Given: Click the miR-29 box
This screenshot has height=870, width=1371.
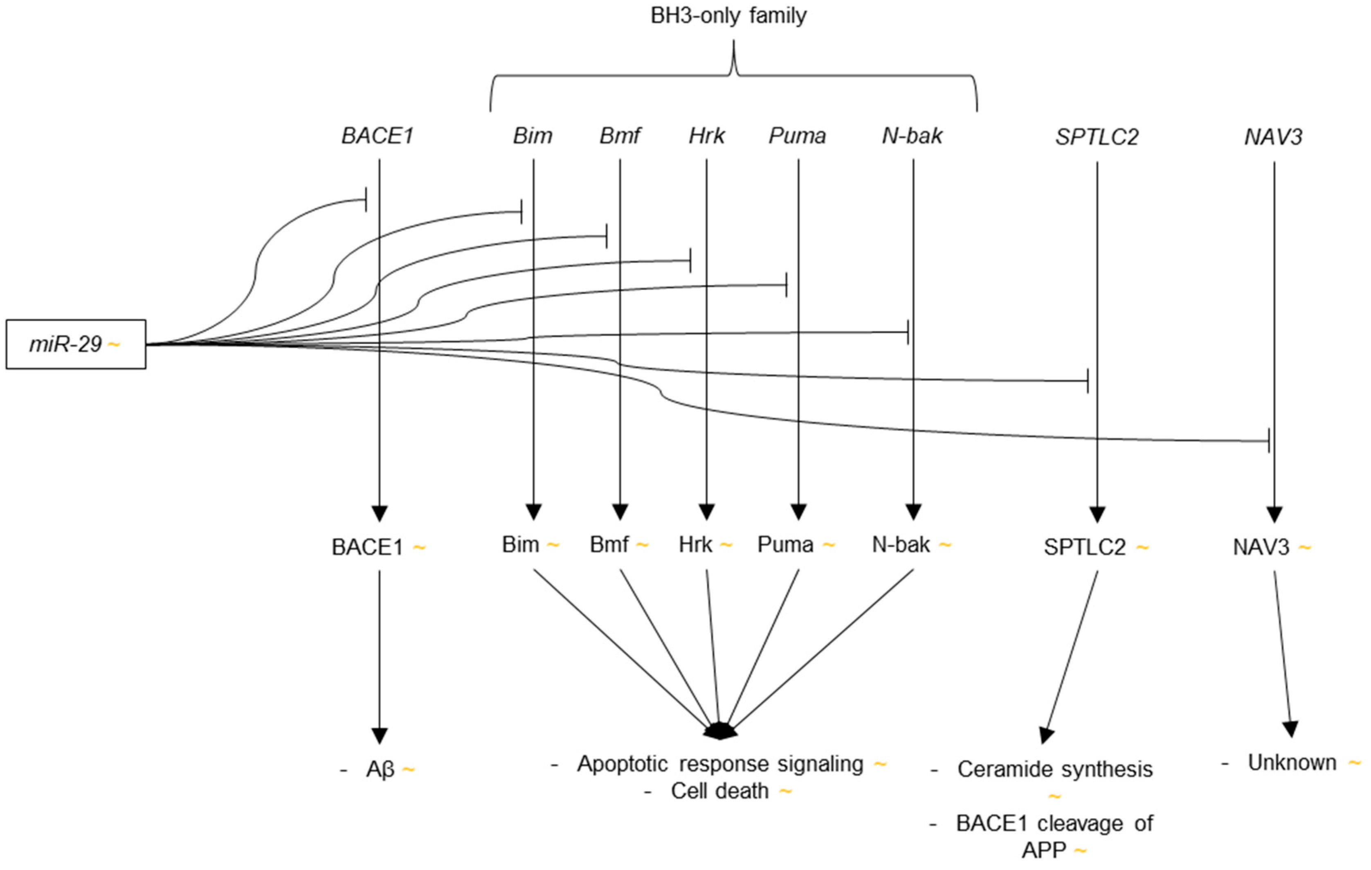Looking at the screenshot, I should tap(76, 344).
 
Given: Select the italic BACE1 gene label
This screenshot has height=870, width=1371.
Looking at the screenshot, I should tap(378, 136).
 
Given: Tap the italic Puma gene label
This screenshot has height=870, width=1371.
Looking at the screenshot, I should tap(797, 136).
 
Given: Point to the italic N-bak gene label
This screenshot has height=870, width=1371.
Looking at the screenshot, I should tap(912, 136).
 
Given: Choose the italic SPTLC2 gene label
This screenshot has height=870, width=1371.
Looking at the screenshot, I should tap(1097, 137).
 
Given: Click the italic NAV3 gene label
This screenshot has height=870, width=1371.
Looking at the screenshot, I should tap(1273, 137).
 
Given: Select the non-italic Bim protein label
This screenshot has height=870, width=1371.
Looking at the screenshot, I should tap(520, 545).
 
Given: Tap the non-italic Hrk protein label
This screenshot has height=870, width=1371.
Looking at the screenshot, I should tap(695, 545).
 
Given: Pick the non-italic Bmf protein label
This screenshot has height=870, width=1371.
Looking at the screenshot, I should tap(609, 545).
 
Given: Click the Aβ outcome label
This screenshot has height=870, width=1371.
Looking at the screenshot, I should tap(380, 770).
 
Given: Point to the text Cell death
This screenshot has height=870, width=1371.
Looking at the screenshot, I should tap(720, 791).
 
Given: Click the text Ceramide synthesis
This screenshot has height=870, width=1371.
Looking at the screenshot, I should tap(1054, 769).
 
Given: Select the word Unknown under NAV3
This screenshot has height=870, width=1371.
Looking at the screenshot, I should tap(1292, 762).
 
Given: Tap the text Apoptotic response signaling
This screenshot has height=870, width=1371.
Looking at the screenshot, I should tap(720, 764).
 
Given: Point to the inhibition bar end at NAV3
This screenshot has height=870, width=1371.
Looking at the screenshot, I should tap(1268, 441).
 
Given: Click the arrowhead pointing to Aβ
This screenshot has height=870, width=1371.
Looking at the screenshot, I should tap(379, 735).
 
